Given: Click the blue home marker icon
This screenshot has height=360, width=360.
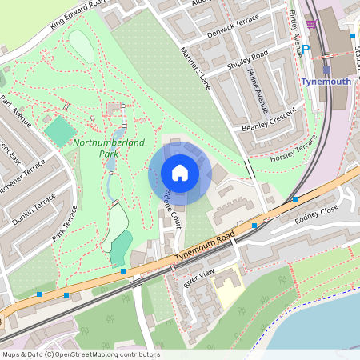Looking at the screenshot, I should [180, 173].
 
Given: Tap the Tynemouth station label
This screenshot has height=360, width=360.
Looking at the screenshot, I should [326, 82].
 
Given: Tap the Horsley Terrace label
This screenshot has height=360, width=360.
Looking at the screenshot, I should [294, 145].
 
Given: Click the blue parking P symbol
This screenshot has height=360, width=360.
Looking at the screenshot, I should [304, 49].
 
